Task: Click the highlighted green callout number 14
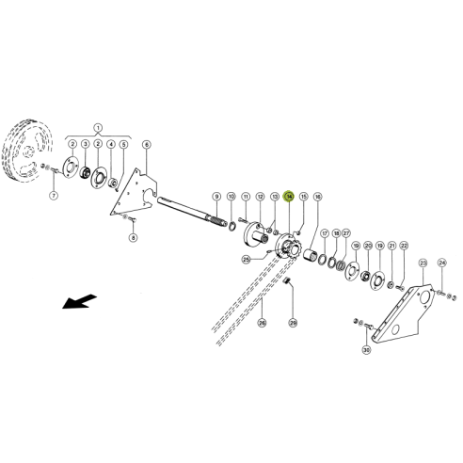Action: coord(290,196)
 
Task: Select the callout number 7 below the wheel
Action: coord(54,196)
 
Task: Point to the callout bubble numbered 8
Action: coord(133,238)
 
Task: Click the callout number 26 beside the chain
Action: coord(262,322)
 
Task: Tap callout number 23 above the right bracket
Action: coord(423,263)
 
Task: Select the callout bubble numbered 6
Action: coord(147,144)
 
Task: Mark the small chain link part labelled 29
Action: coord(288,284)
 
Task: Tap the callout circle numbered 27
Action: coord(346,232)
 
